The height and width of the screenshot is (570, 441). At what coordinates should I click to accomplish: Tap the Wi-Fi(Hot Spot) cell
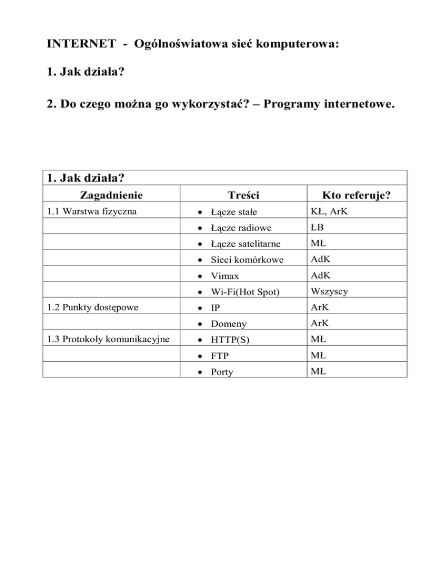point(245,292)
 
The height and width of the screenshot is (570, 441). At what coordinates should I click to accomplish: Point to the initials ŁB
point(318,228)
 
